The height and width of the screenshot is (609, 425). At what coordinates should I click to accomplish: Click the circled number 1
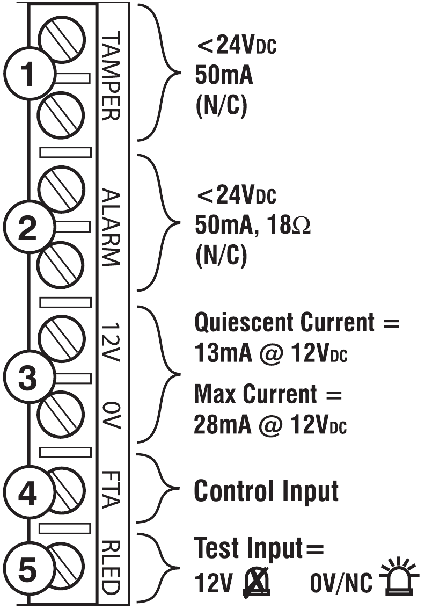pyautogui.click(x=23, y=76)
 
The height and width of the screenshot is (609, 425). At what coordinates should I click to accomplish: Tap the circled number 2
pyautogui.click(x=23, y=230)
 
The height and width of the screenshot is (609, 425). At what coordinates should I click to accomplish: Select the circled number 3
pyautogui.click(x=23, y=379)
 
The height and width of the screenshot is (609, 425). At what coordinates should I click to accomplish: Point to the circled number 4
pyautogui.click(x=23, y=493)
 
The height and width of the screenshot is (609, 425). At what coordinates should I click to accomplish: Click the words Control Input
pyautogui.click(x=266, y=490)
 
